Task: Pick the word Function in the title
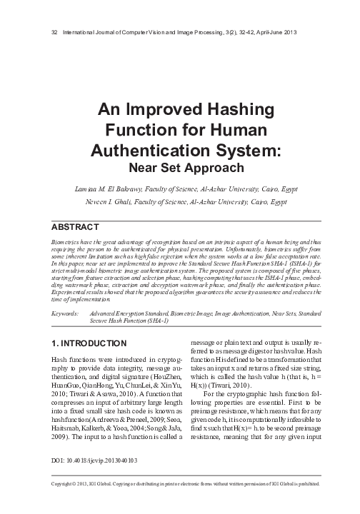156,131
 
